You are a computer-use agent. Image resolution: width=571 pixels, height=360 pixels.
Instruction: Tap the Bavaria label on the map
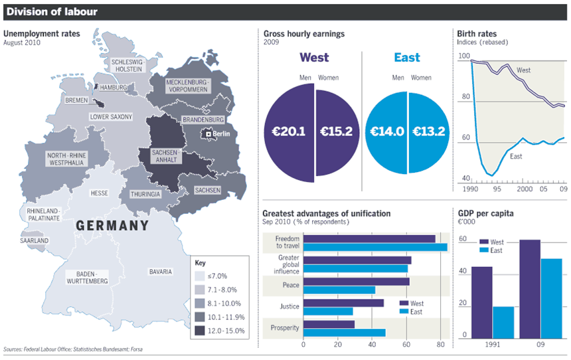161,272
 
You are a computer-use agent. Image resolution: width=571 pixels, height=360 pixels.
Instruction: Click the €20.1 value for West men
287,132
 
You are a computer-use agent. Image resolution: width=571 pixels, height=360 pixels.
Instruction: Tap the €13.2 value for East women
429,132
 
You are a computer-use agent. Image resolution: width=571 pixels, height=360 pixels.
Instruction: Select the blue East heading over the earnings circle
406,58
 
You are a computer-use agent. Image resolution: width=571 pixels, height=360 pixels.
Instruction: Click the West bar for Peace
356,282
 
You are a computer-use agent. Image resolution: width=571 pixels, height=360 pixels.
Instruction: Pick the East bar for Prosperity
344,333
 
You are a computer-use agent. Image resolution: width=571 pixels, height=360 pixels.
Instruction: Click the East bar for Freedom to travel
375,247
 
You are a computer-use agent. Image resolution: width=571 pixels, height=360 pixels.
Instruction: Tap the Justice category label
289,307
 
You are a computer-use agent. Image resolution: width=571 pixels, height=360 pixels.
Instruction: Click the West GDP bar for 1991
482,302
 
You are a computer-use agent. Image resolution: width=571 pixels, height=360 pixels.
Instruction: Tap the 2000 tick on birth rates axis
525,189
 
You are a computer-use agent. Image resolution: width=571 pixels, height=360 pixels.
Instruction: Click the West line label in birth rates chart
523,70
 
